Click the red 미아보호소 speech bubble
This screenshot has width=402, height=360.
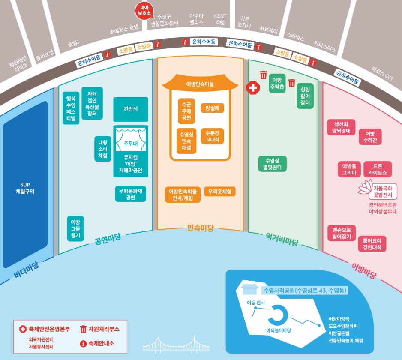[143, 10]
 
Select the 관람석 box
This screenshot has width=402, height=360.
[131, 109]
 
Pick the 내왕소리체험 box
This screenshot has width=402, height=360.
[103, 149]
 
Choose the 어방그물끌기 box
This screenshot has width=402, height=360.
[75, 228]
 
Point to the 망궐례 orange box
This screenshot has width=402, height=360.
[213, 108]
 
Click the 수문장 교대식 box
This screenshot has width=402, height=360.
[213, 136]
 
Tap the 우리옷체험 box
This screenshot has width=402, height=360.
[220, 192]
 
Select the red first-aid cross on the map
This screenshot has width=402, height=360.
[253, 88]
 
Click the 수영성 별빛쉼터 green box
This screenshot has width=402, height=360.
[273, 164]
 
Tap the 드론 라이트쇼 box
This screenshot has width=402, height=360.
[378, 169]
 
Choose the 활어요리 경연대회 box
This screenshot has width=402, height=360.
[372, 243]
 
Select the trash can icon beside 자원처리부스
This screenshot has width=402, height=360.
[83, 329]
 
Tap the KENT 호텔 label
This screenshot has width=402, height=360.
[220, 19]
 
